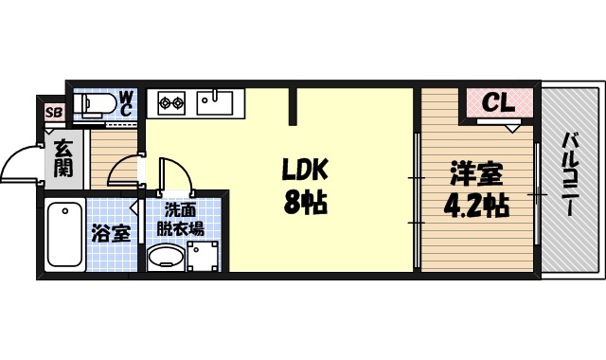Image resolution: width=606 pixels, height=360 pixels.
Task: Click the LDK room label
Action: click(303, 171)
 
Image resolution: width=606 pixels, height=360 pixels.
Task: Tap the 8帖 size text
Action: click(303, 202)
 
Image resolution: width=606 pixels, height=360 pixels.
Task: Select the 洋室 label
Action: click(475, 175)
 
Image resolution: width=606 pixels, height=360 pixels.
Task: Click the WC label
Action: click(126, 102)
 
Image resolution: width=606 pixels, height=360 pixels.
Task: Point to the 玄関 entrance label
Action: click(63, 158)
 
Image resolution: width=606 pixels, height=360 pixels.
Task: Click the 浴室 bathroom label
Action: click(111, 233)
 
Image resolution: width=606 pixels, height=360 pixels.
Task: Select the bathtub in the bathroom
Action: click(64, 234)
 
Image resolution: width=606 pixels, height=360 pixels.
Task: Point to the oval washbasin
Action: click(167, 257)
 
